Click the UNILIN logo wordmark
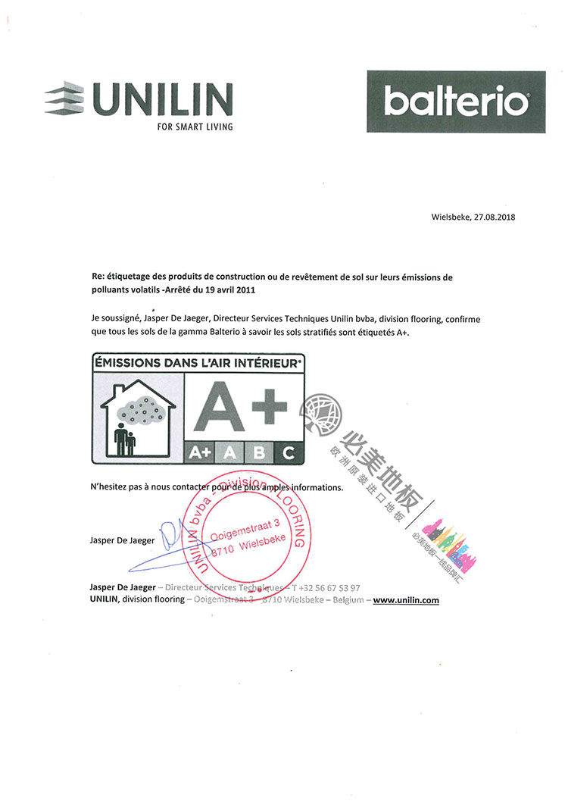(x=161, y=99)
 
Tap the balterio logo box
(x=456, y=102)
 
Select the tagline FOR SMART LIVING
(x=195, y=127)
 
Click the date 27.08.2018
(x=495, y=217)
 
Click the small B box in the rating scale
(x=259, y=452)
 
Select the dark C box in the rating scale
(x=289, y=452)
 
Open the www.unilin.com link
(x=406, y=600)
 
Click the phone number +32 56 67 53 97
(x=329, y=588)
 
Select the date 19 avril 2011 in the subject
(x=230, y=289)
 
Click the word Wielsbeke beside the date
(x=451, y=217)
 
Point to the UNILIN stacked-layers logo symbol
(x=64, y=97)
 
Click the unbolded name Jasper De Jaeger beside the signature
(x=122, y=540)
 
